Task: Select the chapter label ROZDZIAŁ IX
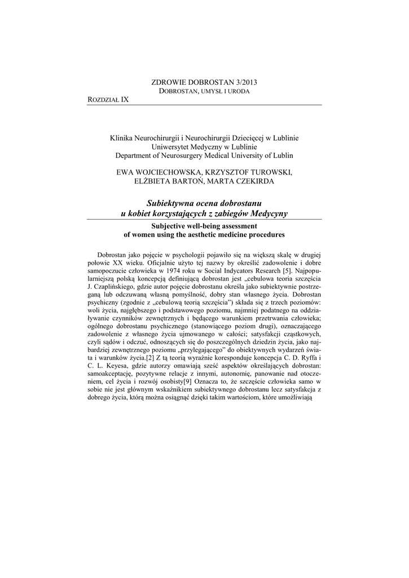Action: tap(108, 99)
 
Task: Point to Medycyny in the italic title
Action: tap(268, 213)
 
